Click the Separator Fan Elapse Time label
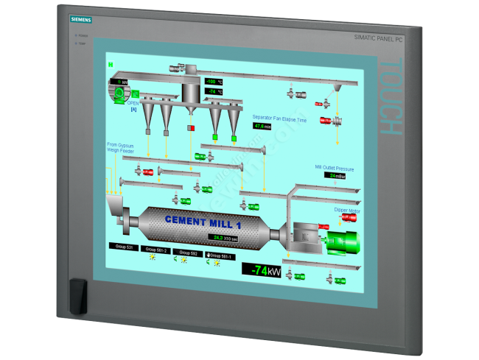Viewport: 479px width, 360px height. coord(279,117)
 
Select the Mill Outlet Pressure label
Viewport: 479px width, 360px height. coord(335,168)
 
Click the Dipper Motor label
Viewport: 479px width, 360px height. coord(346,210)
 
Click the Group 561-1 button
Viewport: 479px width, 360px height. coord(220,255)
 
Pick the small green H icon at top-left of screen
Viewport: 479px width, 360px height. coord(111,65)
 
